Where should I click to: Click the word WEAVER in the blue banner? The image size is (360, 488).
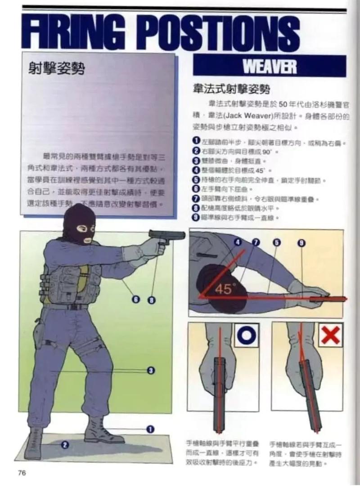click(x=270, y=67)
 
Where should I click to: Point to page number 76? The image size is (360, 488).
click(x=22, y=472)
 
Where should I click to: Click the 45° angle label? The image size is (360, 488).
click(x=224, y=289)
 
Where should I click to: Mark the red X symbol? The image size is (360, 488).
click(x=330, y=335)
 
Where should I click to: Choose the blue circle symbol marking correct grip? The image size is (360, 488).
click(x=246, y=335)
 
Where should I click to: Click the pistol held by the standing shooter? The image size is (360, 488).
click(x=166, y=237)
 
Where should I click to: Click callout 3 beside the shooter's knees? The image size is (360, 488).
click(x=152, y=370)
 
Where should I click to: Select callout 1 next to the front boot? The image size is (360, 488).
click(x=151, y=429)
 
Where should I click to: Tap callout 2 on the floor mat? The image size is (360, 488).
click(x=65, y=445)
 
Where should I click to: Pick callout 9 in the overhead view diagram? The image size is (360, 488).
click(x=301, y=243)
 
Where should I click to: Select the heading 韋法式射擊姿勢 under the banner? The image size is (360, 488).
click(x=231, y=89)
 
